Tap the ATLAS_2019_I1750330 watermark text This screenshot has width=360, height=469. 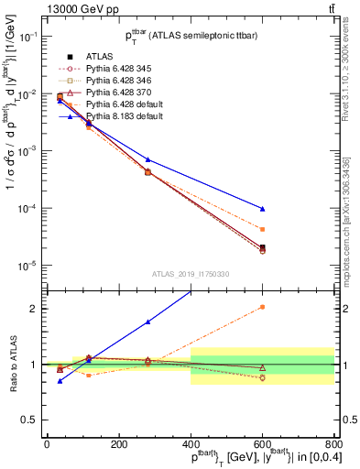point(189,273)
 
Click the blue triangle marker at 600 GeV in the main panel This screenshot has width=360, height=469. point(263,209)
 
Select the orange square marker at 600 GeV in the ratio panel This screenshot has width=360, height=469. point(263,307)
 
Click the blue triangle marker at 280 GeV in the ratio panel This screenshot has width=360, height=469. point(147,322)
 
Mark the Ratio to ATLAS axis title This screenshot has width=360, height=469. point(11,364)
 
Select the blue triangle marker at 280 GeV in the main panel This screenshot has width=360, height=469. point(147,159)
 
